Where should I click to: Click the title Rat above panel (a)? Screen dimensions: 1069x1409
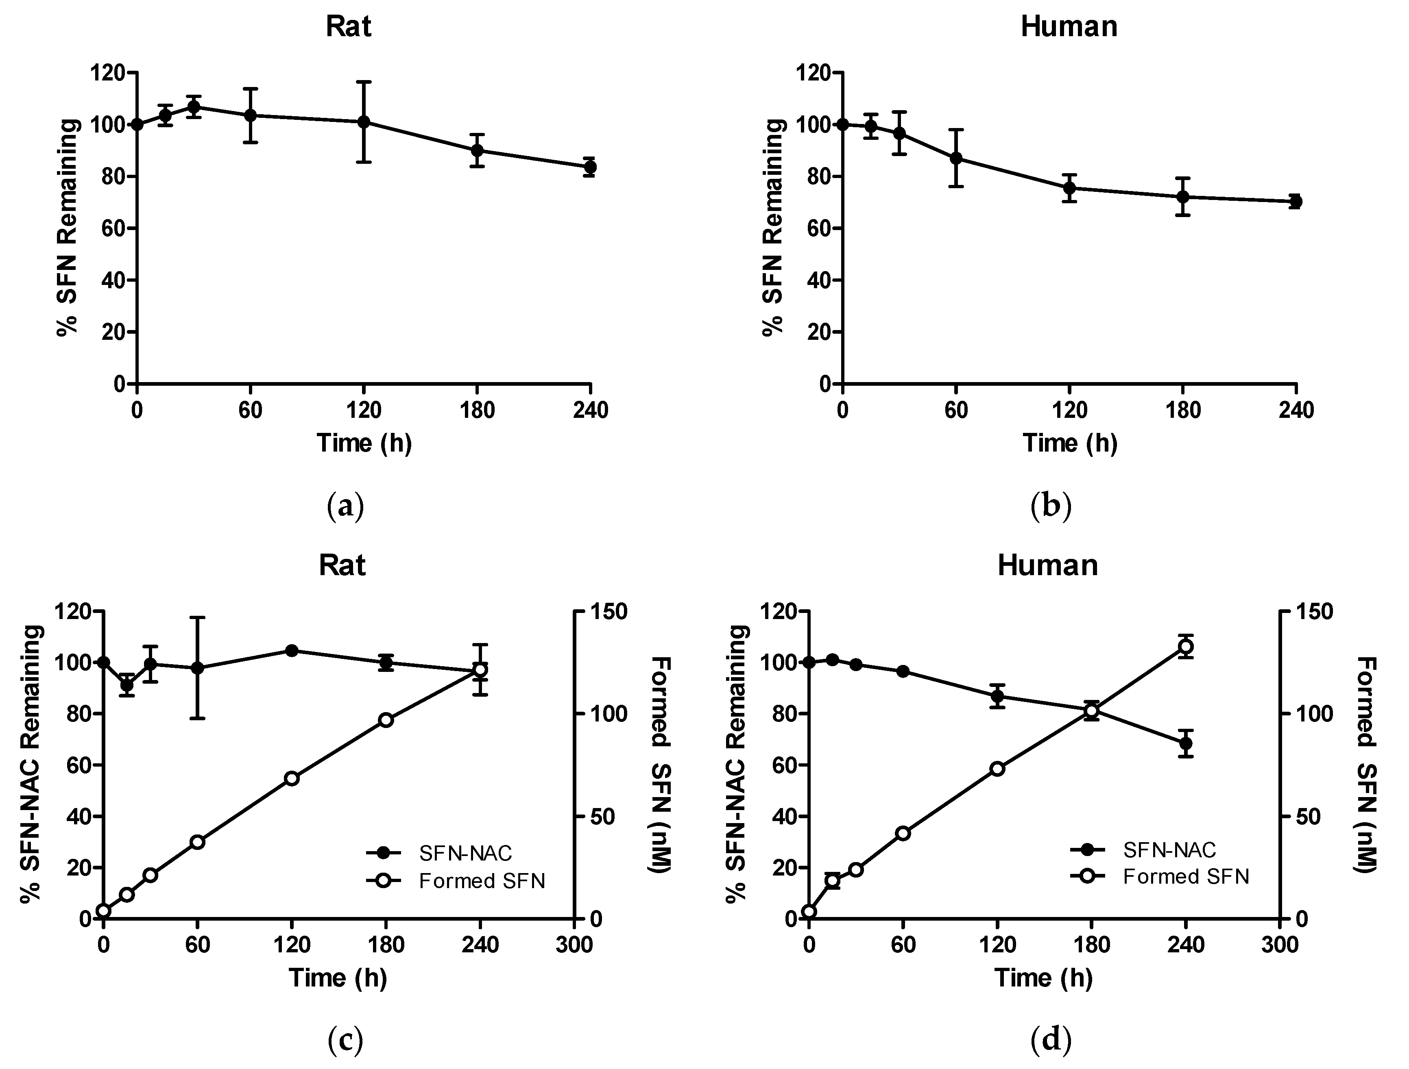[349, 27]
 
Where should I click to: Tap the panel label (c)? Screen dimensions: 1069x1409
[345, 1041]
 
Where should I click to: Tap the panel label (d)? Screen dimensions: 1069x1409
[1050, 1041]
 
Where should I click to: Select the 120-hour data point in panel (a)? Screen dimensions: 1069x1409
[364, 122]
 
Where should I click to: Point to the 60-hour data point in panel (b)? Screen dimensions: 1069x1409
[955, 158]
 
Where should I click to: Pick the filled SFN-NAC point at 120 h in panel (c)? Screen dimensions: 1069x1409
[292, 650]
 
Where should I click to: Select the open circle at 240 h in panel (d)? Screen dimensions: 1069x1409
[1185, 647]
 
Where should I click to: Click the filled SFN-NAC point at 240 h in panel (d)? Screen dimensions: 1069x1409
[1185, 743]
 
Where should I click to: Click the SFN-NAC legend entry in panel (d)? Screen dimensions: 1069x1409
[1169, 850]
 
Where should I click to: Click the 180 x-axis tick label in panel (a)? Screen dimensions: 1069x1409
[477, 411]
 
